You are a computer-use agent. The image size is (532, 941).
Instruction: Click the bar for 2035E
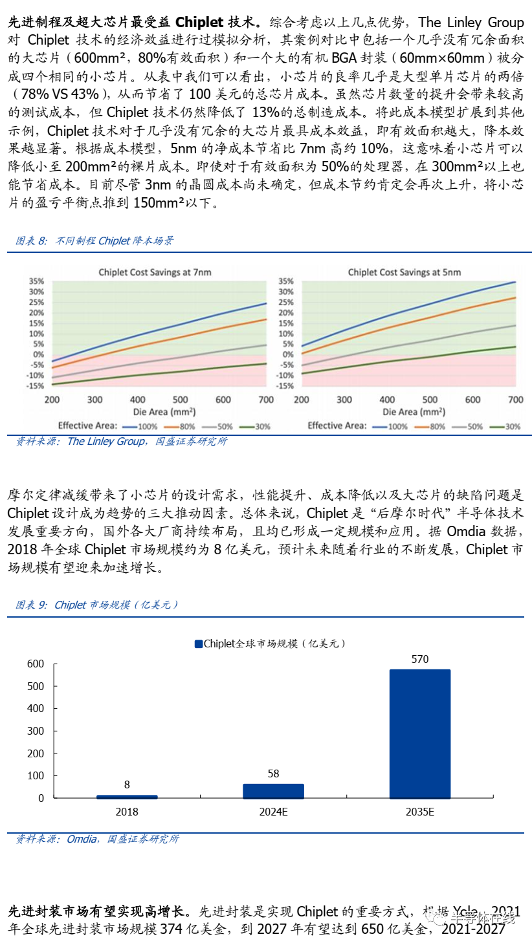coord(419,733)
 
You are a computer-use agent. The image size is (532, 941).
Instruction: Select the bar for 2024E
coord(273,790)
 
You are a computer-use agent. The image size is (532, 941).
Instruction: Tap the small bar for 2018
coord(127,796)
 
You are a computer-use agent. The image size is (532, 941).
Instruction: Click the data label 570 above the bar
coord(419,659)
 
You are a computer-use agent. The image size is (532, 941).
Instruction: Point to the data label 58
coord(273,773)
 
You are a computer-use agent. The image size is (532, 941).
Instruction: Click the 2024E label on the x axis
coord(273,812)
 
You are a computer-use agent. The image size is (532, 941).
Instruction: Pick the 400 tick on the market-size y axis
coord(36,708)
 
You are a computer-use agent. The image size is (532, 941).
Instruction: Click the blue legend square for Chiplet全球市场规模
coord(198,644)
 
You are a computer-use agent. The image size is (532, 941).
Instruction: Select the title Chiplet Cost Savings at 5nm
coord(405,272)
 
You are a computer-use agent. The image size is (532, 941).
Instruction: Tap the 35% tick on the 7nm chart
coord(36,282)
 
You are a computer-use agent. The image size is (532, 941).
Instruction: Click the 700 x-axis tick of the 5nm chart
coord(516,400)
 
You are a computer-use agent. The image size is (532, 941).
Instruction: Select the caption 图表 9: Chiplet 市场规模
coord(97,605)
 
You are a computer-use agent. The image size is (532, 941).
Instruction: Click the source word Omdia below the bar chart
coord(82,839)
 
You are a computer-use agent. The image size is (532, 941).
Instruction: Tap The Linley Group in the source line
coord(106,441)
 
